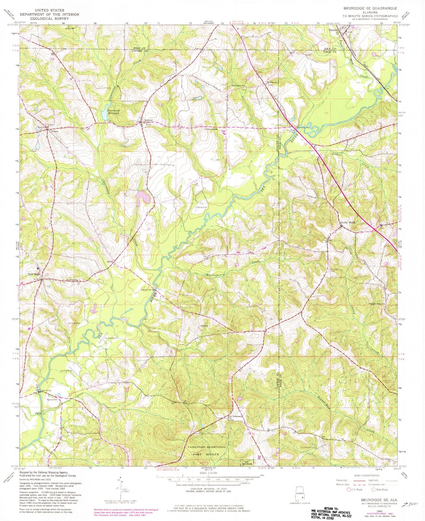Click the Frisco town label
pyautogui.click(x=55, y=132)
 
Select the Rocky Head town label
pyautogui.click(x=348, y=222)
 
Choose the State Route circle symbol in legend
pyautogui.click(x=373, y=490)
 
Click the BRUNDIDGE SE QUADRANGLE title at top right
pyautogui.click(x=370, y=8)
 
